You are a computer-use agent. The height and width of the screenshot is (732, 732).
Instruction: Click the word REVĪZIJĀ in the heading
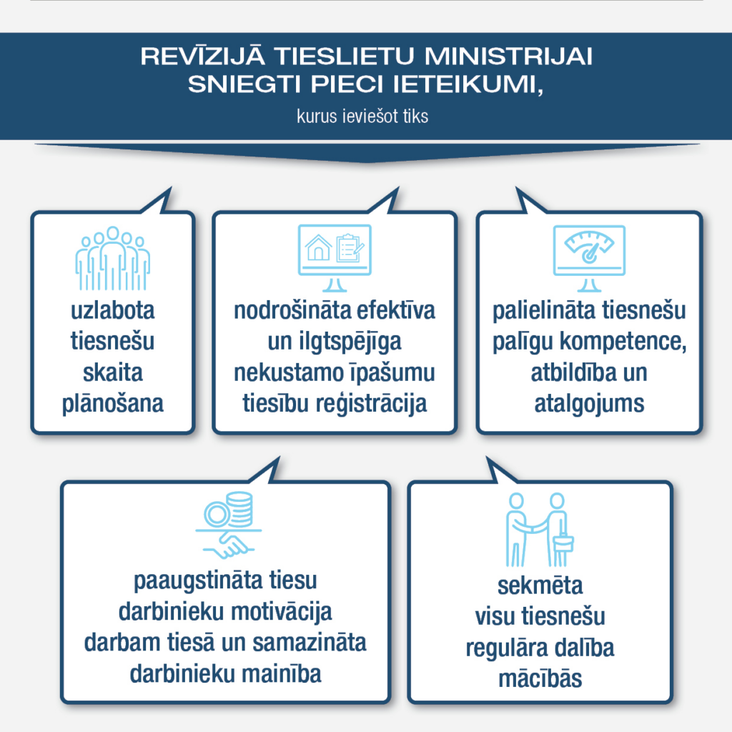[x=203, y=55]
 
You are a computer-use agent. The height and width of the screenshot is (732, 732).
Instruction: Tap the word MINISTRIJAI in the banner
[x=508, y=56]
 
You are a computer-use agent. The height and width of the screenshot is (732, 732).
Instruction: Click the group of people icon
[x=112, y=258]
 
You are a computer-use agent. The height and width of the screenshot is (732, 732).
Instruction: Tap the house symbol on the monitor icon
[x=318, y=248]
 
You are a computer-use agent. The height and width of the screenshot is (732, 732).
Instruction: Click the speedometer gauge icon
[x=589, y=247]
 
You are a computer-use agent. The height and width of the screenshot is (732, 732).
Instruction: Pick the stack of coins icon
[x=240, y=509]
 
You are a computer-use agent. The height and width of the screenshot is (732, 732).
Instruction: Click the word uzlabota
[x=112, y=310]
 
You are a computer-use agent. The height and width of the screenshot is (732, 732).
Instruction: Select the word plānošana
[x=112, y=404]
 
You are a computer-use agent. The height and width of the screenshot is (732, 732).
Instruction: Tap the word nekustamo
[x=289, y=372]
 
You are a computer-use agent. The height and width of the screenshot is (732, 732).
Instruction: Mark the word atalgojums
[x=589, y=404]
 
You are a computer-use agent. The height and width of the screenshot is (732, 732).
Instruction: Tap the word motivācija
[x=282, y=612]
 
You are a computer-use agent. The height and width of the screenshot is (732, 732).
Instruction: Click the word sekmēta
[x=540, y=586]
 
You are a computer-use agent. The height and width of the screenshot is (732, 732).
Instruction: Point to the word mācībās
[x=540, y=679]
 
